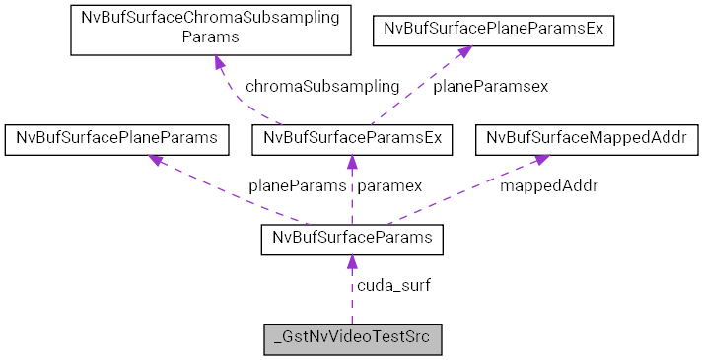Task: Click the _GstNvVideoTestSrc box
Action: (352, 338)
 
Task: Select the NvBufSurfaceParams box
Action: (352, 240)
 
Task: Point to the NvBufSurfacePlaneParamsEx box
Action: (493, 31)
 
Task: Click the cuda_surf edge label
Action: (393, 285)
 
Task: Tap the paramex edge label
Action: (389, 184)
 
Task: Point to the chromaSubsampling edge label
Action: (322, 86)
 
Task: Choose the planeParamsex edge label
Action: (490, 86)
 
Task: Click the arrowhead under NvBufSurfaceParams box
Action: (352, 262)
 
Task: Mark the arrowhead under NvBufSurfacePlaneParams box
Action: (157, 160)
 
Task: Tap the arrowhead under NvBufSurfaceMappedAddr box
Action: (541, 160)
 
